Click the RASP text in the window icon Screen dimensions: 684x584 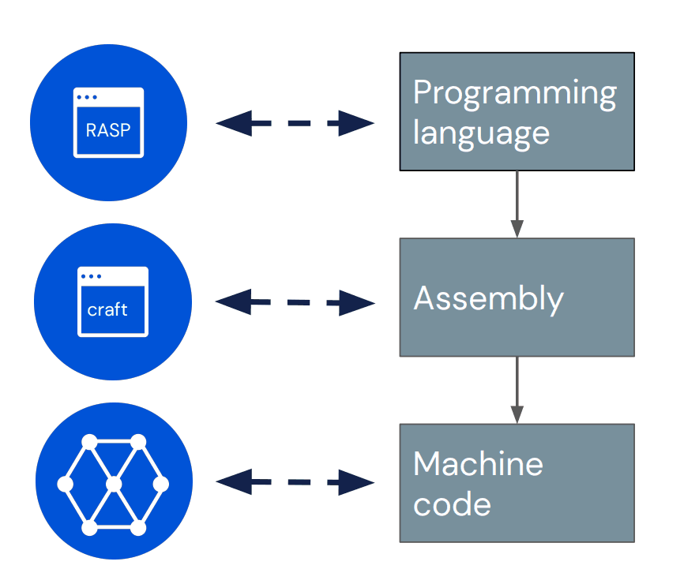(108, 130)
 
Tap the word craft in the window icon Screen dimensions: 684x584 (107, 309)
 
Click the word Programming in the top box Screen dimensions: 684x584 (515, 94)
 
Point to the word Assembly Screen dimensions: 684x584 (489, 300)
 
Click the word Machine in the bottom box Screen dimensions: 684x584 (478, 464)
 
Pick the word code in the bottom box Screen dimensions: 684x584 (452, 504)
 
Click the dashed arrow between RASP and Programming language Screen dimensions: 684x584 (295, 123)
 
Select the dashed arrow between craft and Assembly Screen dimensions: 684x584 (295, 302)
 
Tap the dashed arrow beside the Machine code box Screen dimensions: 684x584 (295, 482)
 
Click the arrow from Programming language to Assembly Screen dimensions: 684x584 (517, 204)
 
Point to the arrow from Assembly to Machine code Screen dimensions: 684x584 (517, 390)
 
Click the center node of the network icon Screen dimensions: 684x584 (114, 485)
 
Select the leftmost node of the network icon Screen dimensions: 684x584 (66, 485)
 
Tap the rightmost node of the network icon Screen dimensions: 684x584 (160, 485)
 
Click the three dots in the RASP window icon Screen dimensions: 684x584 (87, 97)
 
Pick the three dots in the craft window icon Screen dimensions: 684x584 (91, 276)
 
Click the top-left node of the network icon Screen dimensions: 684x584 (89, 442)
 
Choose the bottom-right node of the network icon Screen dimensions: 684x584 (138, 528)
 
